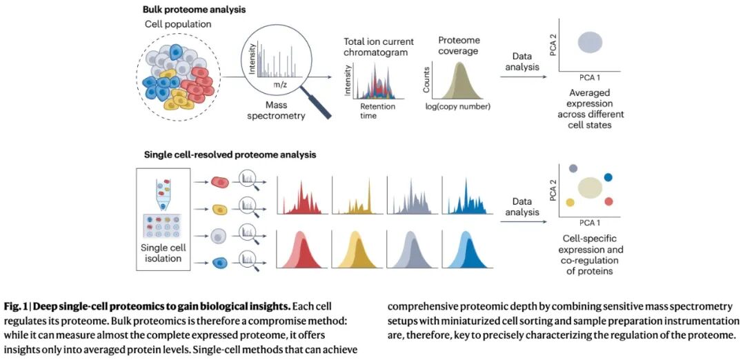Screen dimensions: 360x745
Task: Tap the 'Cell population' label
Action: (178, 25)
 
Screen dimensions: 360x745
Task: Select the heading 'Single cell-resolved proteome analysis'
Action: (229, 155)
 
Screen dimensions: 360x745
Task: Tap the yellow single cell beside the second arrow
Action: (220, 209)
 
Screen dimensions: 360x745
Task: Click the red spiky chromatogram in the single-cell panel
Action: (301, 200)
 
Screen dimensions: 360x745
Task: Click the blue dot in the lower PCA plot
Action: (608, 177)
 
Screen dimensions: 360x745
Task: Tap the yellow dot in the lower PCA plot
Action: (570, 202)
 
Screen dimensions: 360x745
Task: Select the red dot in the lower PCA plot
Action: (608, 201)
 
